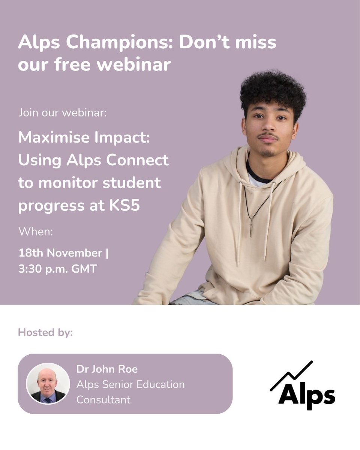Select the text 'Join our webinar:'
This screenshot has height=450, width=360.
pyautogui.click(x=62, y=112)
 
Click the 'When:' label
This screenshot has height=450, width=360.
pyautogui.click(x=36, y=231)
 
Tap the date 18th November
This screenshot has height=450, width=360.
pyautogui.click(x=60, y=253)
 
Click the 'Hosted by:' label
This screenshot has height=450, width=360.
pyautogui.click(x=45, y=333)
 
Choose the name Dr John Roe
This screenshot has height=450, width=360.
pyautogui.click(x=107, y=369)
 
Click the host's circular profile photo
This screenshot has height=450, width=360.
pyautogui.click(x=48, y=384)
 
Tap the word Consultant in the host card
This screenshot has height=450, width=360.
pyautogui.click(x=103, y=400)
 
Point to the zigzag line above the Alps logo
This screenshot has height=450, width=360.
pyautogui.click(x=292, y=375)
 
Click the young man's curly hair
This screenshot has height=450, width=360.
pyautogui.click(x=273, y=90)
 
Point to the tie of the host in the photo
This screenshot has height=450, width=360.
pyautogui.click(x=48, y=400)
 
